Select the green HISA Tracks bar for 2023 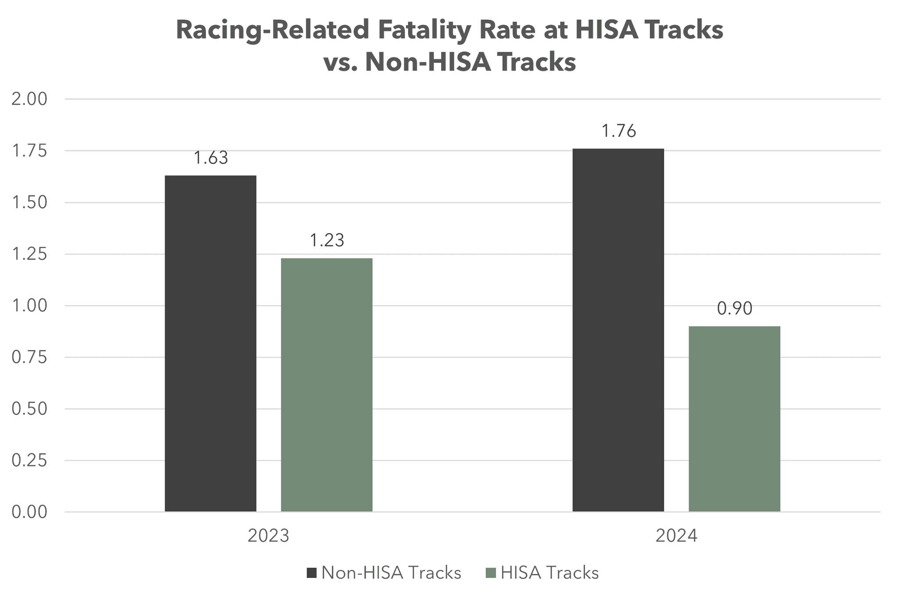click(x=327, y=385)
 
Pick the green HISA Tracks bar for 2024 click(x=734, y=419)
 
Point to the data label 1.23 click(x=327, y=241)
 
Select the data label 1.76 click(x=619, y=131)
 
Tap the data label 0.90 click(x=735, y=309)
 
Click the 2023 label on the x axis click(x=269, y=536)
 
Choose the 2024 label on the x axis click(x=676, y=536)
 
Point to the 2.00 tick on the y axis click(x=29, y=99)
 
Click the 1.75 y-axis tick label click(x=29, y=151)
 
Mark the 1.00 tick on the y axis click(x=29, y=306)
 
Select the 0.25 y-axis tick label click(x=29, y=461)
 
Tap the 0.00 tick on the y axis click(x=29, y=512)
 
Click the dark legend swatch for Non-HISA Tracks click(x=312, y=573)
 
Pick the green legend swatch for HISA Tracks click(x=491, y=573)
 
